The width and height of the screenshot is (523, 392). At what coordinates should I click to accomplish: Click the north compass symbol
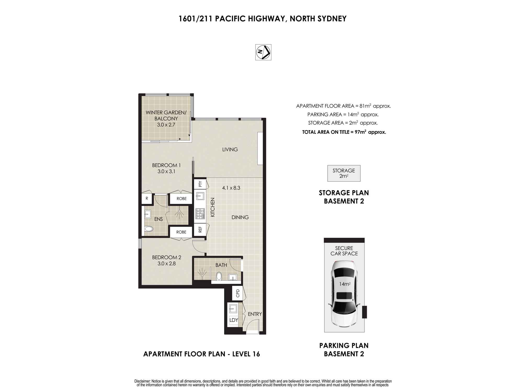coord(263,52)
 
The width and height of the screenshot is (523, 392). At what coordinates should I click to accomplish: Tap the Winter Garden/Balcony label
coord(166,116)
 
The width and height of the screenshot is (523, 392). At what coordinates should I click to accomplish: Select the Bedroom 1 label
coord(166,165)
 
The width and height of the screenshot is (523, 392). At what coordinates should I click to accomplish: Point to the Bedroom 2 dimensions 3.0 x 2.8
coord(167,263)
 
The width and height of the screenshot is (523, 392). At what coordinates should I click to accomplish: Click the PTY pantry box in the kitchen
coord(200,184)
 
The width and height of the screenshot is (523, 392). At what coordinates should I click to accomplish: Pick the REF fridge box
coord(200,229)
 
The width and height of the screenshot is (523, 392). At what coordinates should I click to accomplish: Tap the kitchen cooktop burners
coord(200,214)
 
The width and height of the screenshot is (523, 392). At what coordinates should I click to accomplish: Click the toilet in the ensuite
coord(149,229)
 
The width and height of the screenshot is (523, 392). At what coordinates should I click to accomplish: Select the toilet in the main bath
coord(219,276)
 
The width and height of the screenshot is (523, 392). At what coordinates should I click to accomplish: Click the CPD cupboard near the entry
coord(237,293)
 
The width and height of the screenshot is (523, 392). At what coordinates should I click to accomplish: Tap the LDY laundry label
coord(234,320)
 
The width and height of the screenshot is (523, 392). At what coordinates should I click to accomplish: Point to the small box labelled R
coord(147,199)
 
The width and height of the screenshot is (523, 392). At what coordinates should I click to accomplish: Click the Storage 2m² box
coord(344,173)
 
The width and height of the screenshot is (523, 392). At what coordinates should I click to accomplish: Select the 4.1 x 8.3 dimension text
coord(231,188)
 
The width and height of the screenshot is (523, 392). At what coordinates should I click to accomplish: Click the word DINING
coord(240,217)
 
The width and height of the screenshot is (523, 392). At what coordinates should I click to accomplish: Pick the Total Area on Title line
coord(344,132)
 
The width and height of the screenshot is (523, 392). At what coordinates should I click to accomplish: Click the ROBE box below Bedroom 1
coord(181,199)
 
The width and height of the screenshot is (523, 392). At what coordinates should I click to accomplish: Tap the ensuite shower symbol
coord(179,214)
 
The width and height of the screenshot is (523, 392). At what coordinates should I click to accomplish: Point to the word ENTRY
coord(255,314)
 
